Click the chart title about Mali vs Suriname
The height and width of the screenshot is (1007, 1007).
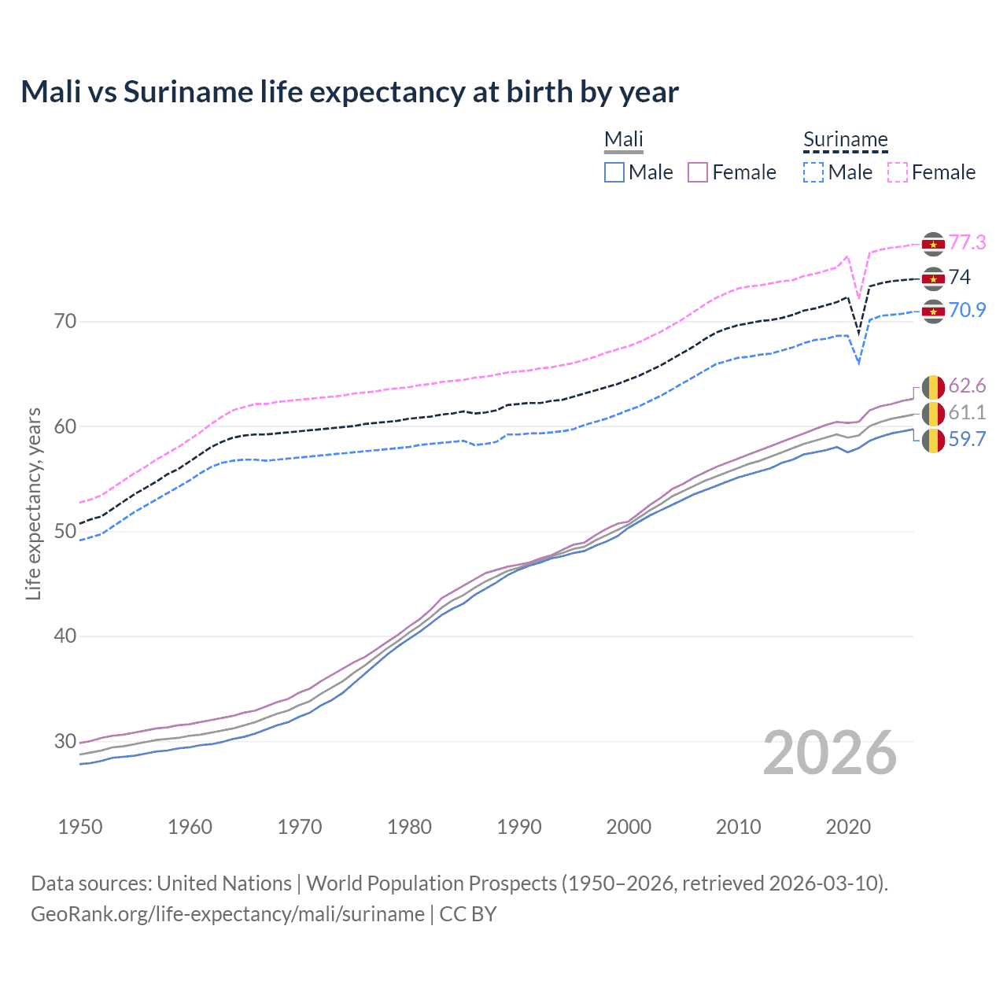tap(349, 92)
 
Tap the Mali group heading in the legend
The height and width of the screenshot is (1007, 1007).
tap(623, 140)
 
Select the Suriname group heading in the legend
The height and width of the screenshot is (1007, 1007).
tap(845, 140)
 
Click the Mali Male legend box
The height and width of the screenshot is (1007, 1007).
tap(614, 172)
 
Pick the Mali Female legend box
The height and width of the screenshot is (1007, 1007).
tap(698, 172)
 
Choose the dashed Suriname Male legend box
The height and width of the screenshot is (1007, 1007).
tap(813, 172)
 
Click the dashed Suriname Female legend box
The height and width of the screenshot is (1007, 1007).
tap(897, 172)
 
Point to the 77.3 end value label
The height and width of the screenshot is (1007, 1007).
tap(967, 242)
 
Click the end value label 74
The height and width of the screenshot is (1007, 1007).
tap(959, 277)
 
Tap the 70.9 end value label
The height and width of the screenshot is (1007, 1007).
tap(967, 310)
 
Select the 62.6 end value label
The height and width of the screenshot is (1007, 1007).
tap(967, 385)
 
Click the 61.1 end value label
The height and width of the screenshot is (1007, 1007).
tap(967, 412)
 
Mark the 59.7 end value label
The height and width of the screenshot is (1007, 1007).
tap(967, 439)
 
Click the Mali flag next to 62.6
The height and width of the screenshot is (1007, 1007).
tap(933, 387)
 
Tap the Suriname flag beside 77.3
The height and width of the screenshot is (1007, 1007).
tap(933, 245)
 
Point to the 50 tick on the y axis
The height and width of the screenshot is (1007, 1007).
tap(65, 531)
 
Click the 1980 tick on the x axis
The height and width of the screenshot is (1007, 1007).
tap(409, 827)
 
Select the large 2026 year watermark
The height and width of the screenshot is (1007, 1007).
tap(829, 753)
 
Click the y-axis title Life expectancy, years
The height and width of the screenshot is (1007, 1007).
tap(33, 503)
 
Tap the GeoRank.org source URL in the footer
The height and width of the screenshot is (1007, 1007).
tap(227, 914)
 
